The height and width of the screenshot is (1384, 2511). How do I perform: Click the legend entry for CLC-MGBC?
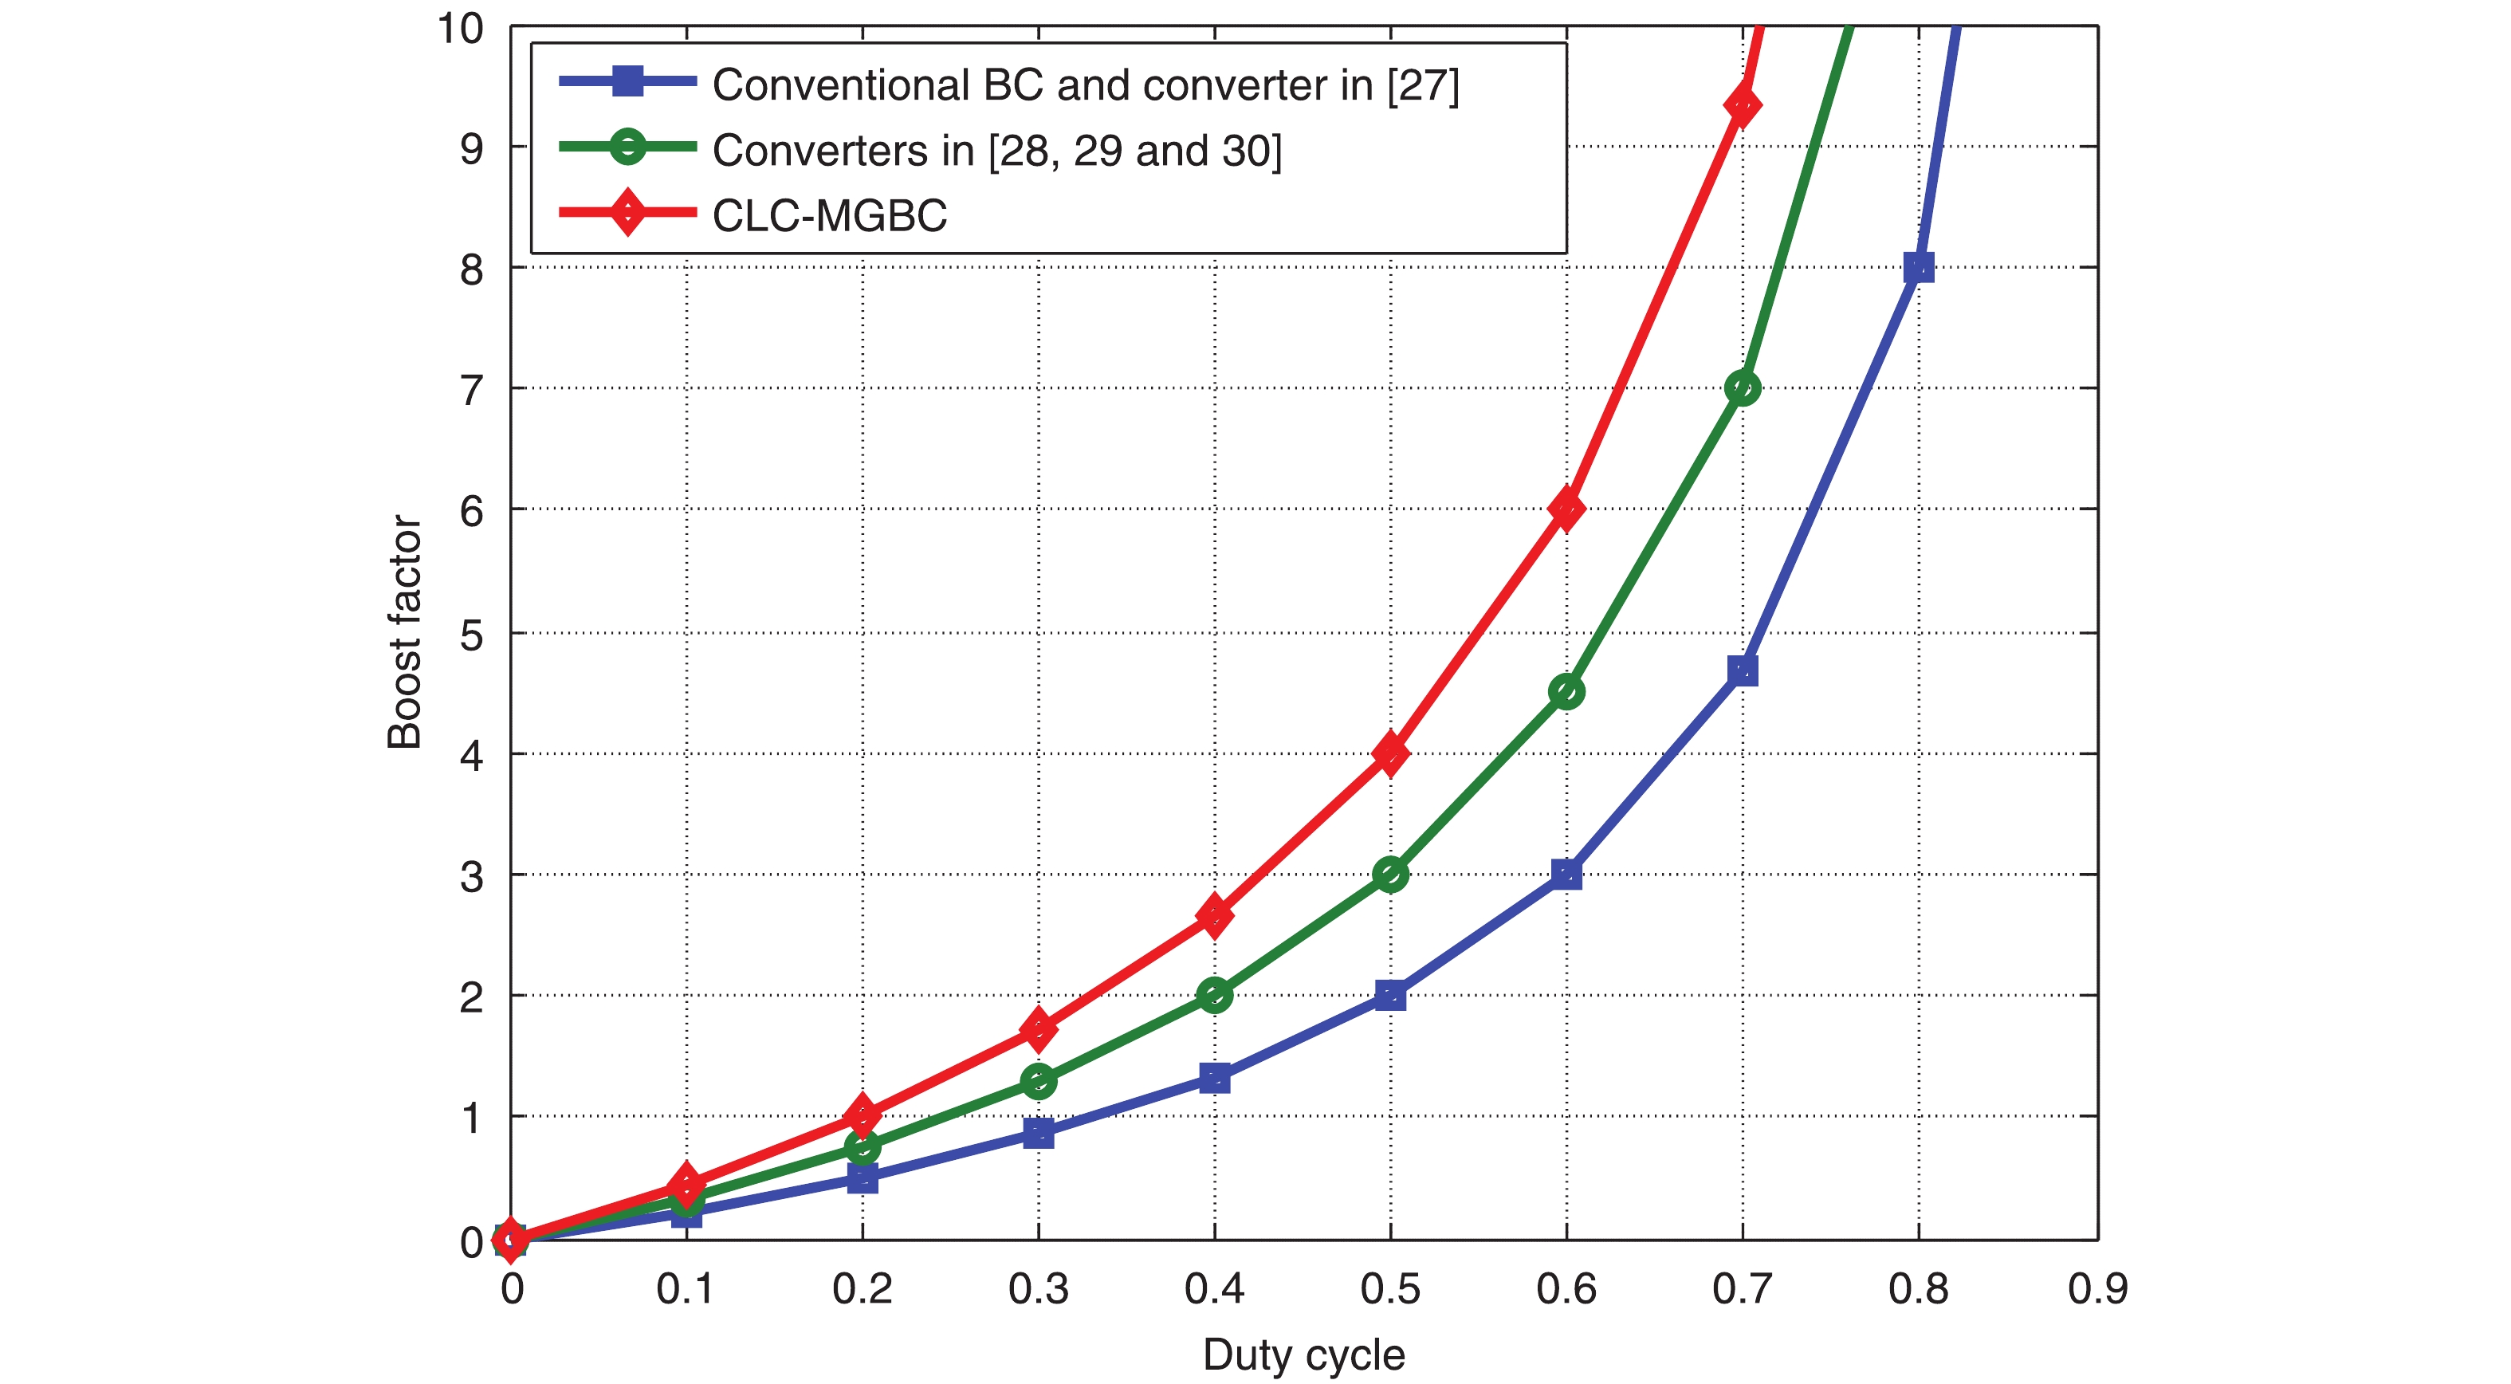[828, 215]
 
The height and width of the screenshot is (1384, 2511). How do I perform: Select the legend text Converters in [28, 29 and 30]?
[996, 150]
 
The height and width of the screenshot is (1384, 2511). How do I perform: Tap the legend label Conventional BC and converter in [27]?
[1085, 85]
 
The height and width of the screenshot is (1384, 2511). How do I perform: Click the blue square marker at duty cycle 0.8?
[1917, 267]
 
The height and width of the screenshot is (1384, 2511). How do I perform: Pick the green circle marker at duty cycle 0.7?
[1742, 388]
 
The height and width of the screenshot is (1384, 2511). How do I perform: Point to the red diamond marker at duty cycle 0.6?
[1566, 509]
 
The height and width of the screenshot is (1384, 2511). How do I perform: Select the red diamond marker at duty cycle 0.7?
[1742, 105]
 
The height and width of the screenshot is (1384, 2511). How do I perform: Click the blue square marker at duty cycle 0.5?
[1390, 995]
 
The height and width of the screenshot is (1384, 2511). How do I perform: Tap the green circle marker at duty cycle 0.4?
[1213, 995]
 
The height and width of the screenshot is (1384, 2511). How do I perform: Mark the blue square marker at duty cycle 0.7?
[1742, 670]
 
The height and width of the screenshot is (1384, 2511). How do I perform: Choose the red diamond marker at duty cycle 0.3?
[1038, 1029]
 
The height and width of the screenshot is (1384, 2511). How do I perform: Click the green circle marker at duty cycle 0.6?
[1566, 692]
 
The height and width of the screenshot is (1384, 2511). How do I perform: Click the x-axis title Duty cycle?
[1303, 1355]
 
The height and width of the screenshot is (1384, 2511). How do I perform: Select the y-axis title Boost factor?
[404, 631]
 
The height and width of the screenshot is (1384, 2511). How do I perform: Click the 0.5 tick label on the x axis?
[1390, 1289]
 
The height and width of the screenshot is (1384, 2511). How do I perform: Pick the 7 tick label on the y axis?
[472, 390]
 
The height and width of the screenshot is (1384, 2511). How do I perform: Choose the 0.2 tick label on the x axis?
[862, 1289]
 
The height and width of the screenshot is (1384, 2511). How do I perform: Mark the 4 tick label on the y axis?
[472, 755]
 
